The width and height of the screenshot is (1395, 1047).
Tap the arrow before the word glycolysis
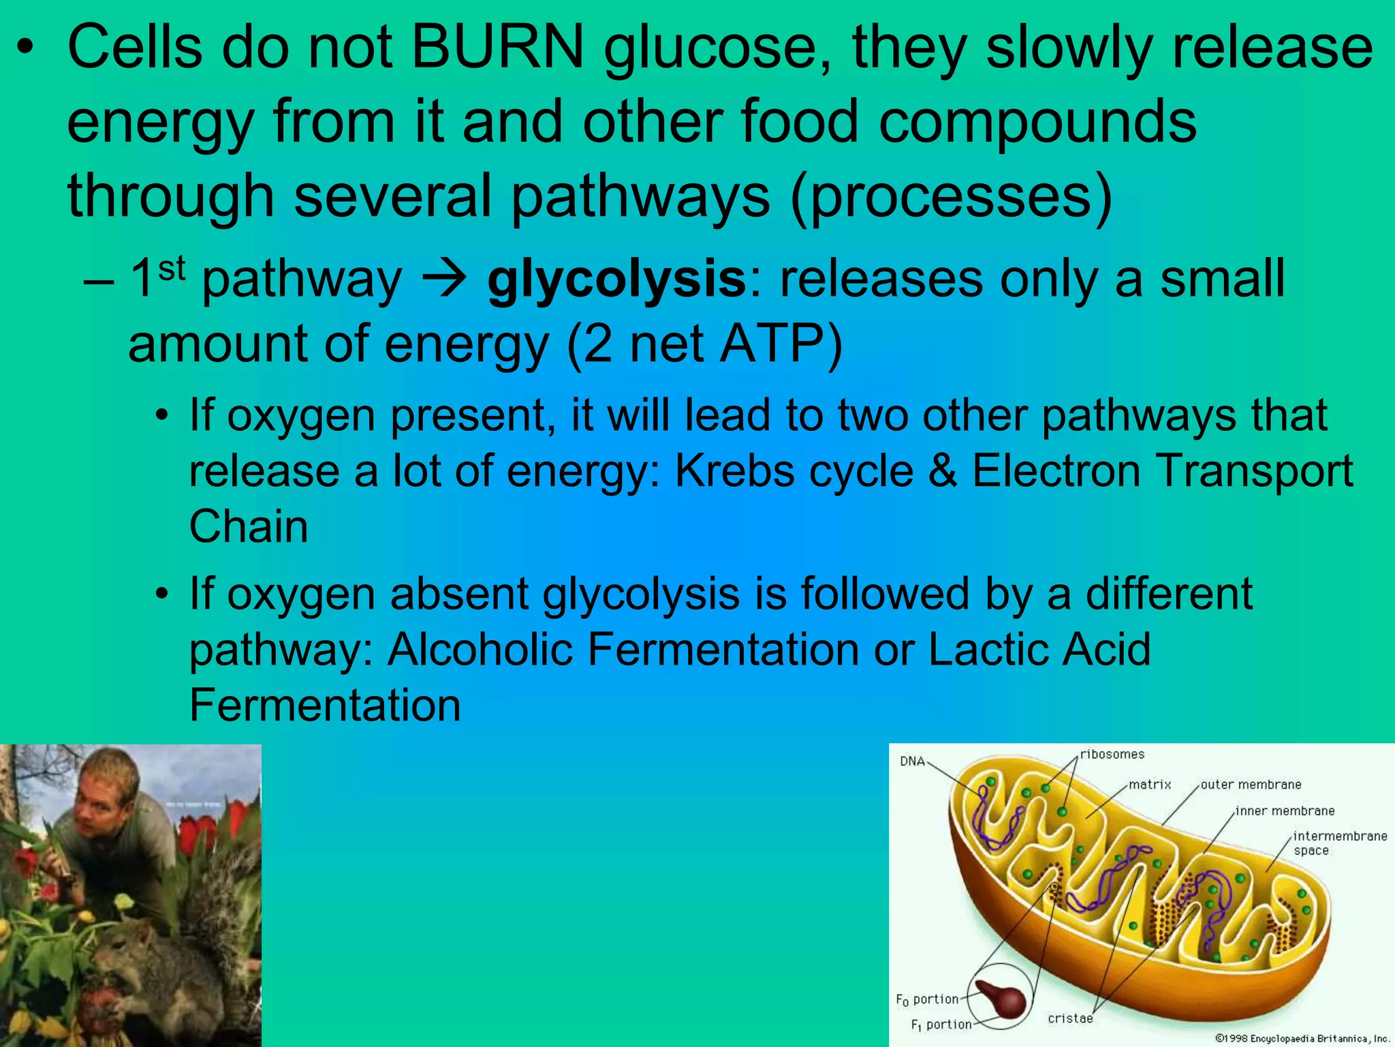pos(445,279)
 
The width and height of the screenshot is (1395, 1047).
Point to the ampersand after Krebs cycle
pos(943,471)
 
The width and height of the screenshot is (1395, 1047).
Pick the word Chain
pos(249,527)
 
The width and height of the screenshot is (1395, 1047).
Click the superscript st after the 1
pos(172,268)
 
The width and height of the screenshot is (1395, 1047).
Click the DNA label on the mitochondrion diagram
pos(912,761)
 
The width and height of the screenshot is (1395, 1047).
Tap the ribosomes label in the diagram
pos(1112,754)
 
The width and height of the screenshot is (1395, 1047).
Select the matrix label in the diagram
pos(1150,785)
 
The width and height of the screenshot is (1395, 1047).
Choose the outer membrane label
pos(1251,785)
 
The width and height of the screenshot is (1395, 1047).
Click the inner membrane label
pos(1285,811)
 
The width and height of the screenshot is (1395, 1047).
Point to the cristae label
pos(1070,1018)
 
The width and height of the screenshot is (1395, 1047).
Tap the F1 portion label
pos(941,1025)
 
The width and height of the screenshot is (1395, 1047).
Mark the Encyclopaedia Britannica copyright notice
pos(1302,1039)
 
